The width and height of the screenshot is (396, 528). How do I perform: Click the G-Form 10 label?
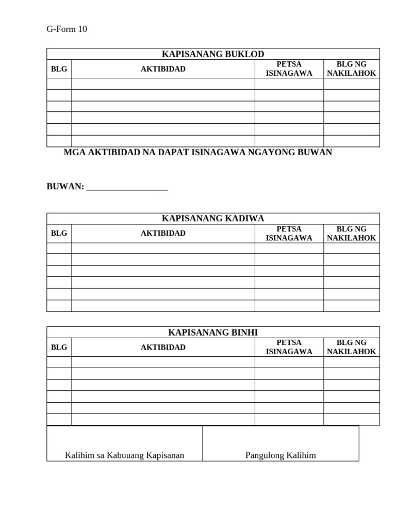pyautogui.click(x=67, y=29)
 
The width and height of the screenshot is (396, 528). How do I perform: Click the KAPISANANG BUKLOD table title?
pyautogui.click(x=213, y=54)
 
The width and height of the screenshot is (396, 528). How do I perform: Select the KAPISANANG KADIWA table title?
pyautogui.click(x=213, y=219)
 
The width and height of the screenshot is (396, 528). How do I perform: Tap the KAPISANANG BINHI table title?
pyautogui.click(x=213, y=333)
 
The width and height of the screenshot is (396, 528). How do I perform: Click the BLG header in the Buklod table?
pyautogui.click(x=59, y=69)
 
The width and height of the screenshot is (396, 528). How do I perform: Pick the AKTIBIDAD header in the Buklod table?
pyautogui.click(x=163, y=69)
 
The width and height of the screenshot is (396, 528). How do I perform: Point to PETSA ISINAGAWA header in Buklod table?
pyautogui.click(x=289, y=69)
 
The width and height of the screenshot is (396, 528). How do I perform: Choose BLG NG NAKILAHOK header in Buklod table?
pyautogui.click(x=352, y=69)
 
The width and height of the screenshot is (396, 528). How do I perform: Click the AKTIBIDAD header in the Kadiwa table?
pyautogui.click(x=163, y=234)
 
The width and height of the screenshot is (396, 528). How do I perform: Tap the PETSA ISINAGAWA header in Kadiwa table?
pyautogui.click(x=289, y=234)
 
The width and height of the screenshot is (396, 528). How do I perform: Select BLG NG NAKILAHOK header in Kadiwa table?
pyautogui.click(x=352, y=234)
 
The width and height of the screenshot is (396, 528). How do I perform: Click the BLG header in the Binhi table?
pyautogui.click(x=59, y=348)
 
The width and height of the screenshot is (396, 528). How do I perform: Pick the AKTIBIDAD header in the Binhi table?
pyautogui.click(x=163, y=348)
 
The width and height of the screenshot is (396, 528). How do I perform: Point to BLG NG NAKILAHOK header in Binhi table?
pyautogui.click(x=352, y=348)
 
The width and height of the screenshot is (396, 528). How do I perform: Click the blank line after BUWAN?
pyautogui.click(x=127, y=188)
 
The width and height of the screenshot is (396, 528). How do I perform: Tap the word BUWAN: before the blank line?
pyautogui.click(x=65, y=187)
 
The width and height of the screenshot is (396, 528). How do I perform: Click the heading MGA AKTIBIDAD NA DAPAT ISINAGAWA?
pyautogui.click(x=197, y=153)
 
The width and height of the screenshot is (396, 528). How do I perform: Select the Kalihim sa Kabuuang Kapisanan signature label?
pyautogui.click(x=124, y=455)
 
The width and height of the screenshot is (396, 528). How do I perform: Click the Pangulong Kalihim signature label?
pyautogui.click(x=280, y=455)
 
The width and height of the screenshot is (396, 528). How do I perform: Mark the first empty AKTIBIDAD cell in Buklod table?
pyautogui.click(x=163, y=84)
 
